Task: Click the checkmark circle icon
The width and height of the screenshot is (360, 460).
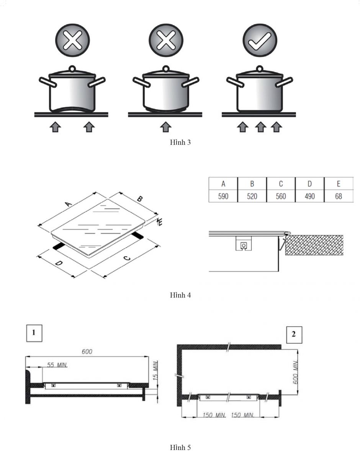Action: pos(260,40)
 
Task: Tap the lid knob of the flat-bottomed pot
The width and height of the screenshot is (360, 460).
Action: pos(260,69)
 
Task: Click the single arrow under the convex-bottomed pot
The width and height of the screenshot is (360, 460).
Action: pos(166,127)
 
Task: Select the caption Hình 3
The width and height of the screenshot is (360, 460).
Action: pos(180,142)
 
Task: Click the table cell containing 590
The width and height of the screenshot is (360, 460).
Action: pos(223,196)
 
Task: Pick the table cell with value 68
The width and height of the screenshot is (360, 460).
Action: pos(339,196)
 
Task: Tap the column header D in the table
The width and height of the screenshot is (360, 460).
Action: pos(309,184)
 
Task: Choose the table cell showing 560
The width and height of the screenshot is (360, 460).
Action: pos(281,196)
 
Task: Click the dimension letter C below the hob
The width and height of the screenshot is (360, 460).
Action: pos(127,258)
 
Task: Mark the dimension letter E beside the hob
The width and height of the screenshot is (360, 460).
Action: pos(160,222)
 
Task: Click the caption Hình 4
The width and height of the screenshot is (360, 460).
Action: pos(180,295)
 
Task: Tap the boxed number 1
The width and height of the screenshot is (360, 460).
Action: pos(34,333)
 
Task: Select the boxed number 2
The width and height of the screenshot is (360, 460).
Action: pos(294,335)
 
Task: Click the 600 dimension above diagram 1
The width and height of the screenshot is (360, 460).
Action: pos(87,352)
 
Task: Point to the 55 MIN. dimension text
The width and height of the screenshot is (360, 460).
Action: pos(57,365)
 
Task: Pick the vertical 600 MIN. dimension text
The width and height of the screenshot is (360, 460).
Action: pos(295,372)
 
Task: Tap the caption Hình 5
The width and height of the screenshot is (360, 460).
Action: pos(180,447)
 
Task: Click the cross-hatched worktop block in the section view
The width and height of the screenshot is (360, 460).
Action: pos(314,245)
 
